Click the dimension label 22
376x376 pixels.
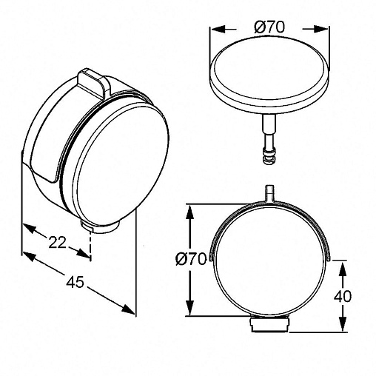click(58, 243)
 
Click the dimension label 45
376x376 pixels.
click(75, 282)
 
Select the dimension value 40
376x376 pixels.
click(343, 296)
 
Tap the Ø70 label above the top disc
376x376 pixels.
click(269, 27)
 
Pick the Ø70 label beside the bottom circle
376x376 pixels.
click(190, 259)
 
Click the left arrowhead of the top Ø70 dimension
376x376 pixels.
click(218, 29)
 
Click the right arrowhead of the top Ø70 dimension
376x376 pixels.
click(320, 29)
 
